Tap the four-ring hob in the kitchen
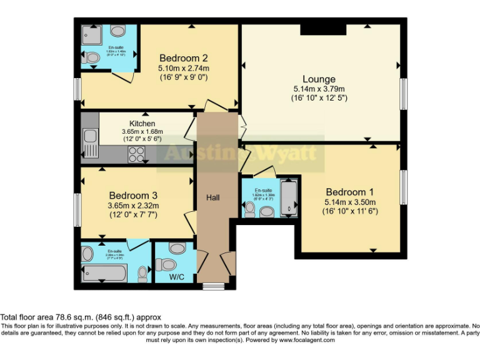tap(136, 156)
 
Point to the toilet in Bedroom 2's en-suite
tap(92, 58)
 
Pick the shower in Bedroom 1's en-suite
tap(289, 196)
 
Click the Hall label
tap(213, 197)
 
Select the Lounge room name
tap(319, 79)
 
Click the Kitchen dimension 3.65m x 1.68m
tap(142, 132)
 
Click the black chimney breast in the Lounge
tap(322, 29)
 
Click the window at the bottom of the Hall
tap(214, 286)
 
